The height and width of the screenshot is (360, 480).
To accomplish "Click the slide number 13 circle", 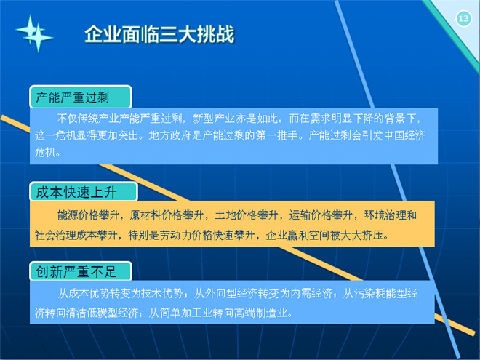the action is tap(463, 19).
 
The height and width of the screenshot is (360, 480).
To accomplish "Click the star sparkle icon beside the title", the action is tap(34, 33).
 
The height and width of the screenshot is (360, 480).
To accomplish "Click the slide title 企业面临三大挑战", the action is tap(159, 34).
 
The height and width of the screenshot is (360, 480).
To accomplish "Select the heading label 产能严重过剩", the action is tap(72, 97).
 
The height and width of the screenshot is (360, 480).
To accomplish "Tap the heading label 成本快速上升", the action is tap(76, 193).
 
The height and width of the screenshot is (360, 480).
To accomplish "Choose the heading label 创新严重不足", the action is tap(76, 271).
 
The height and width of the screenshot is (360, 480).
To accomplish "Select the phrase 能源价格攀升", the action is tap(88, 215).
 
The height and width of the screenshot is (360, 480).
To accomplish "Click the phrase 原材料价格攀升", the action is tap(167, 215).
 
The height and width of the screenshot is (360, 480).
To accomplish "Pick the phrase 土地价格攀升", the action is tap(246, 215).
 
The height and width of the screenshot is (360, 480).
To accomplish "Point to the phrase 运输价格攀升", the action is tap(321, 215).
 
